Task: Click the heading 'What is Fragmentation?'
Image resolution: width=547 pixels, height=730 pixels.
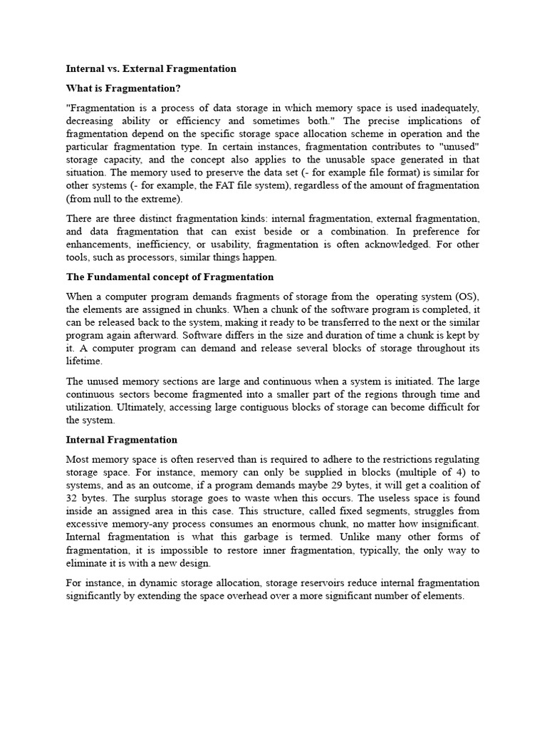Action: pyautogui.click(x=123, y=88)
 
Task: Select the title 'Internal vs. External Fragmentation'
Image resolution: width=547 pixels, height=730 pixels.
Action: pyautogui.click(x=151, y=69)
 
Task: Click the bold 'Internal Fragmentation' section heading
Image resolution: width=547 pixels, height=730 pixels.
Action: pyautogui.click(x=122, y=440)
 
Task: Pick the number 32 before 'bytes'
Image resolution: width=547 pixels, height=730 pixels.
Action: pyautogui.click(x=73, y=498)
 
